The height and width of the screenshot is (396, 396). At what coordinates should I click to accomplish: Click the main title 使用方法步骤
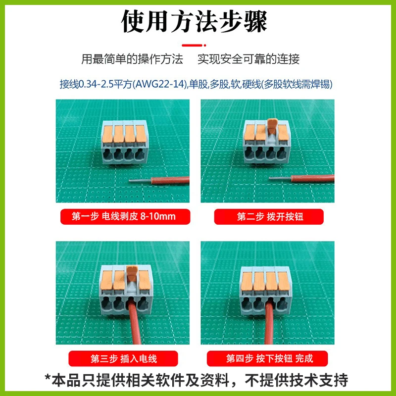(194, 21)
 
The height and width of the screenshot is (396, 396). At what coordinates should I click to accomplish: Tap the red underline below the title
(194, 45)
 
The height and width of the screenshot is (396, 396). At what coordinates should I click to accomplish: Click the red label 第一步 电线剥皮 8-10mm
(125, 216)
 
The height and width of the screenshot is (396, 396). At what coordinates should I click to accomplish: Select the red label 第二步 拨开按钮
(269, 216)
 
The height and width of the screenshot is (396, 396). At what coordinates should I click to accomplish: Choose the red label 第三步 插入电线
(123, 358)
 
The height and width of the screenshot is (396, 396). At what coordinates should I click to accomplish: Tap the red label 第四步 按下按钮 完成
(267, 358)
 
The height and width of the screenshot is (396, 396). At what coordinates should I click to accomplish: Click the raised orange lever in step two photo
(272, 127)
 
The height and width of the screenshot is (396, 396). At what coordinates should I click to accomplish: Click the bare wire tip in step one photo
(140, 181)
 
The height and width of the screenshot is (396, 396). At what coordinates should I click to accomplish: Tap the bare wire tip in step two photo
(280, 178)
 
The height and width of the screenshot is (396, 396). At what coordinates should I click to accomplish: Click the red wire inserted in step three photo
(134, 321)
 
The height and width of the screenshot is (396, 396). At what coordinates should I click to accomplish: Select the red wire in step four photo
(269, 322)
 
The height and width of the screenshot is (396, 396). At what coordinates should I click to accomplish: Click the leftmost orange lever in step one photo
(107, 134)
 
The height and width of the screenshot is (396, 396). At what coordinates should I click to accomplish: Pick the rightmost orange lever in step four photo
(283, 281)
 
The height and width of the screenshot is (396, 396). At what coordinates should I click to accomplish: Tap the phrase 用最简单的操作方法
(132, 59)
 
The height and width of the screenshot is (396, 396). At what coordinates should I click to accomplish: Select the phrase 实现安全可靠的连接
(248, 59)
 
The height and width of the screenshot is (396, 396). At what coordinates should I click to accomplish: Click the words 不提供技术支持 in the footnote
(297, 380)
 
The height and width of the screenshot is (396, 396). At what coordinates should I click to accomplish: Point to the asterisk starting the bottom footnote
(48, 378)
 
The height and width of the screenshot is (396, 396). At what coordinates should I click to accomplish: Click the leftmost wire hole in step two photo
(249, 152)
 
